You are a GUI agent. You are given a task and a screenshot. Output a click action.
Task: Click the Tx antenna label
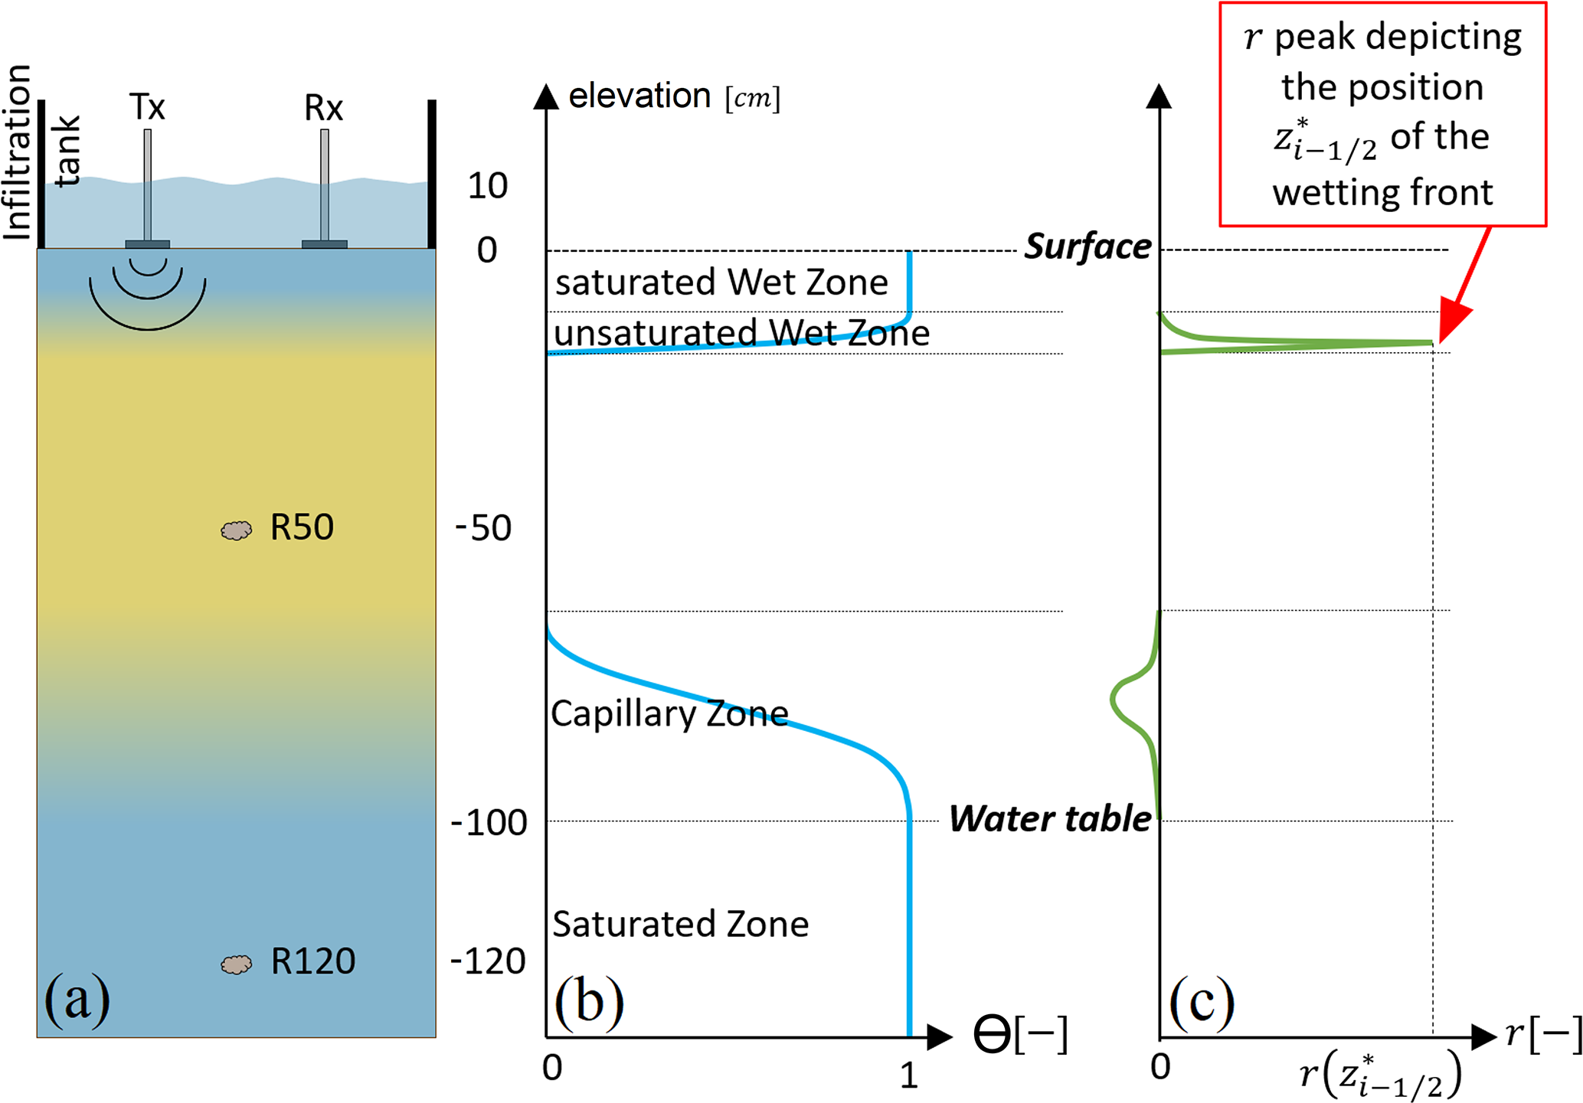pos(147,107)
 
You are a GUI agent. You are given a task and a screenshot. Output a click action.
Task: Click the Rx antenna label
pos(323,108)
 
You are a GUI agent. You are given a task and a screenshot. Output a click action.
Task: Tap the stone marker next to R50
pos(236,530)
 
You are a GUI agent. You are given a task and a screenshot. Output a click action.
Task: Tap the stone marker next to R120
pos(236,964)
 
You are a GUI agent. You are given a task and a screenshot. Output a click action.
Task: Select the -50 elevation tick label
pos(483,528)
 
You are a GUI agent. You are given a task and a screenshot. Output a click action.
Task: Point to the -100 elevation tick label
pos(489,823)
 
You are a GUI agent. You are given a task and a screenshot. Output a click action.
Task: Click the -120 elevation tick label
pos(489,961)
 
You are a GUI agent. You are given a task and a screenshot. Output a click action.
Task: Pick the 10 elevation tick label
pos(488,186)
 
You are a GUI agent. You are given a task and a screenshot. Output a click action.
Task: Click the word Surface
pos(1087,247)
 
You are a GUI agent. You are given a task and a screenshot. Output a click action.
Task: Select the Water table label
pos(1050,819)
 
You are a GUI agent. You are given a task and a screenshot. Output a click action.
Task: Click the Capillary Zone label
pos(669,713)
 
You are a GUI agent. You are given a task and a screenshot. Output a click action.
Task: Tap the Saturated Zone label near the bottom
pos(680,924)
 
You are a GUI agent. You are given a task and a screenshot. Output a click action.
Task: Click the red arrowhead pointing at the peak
pos(1454,321)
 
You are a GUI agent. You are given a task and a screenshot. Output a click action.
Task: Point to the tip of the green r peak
pos(1430,343)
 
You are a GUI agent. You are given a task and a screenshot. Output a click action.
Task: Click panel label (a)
pos(77,1000)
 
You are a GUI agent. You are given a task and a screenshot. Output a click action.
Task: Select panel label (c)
pos(1201,1001)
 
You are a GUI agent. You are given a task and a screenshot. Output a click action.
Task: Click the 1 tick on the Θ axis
pos(909,1076)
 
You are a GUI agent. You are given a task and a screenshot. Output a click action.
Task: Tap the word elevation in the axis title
pos(639,96)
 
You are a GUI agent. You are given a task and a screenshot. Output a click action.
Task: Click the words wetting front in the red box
pos(1382,192)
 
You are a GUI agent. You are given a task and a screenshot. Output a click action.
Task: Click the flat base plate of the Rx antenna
pos(325,244)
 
